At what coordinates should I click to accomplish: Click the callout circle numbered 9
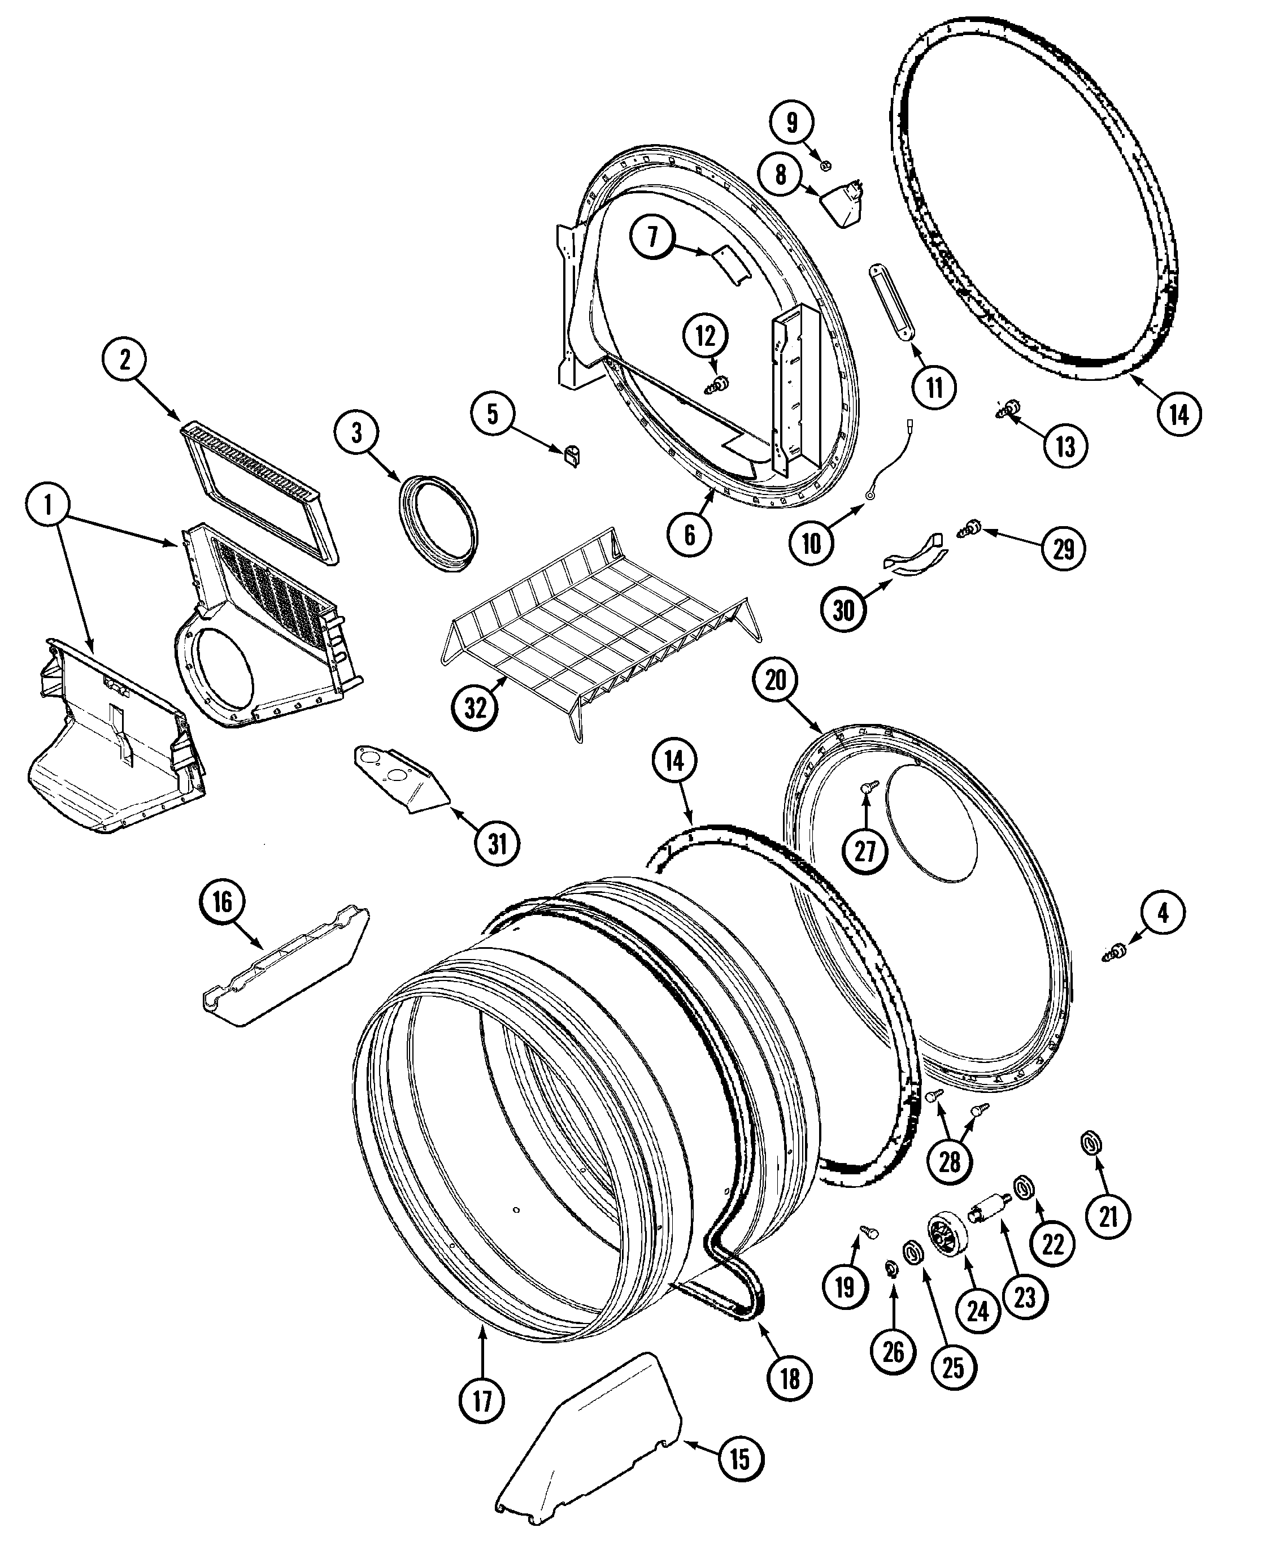pos(791,122)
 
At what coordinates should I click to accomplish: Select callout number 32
pos(475,708)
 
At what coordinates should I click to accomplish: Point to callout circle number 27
pos(865,851)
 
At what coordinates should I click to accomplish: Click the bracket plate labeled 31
pos(401,780)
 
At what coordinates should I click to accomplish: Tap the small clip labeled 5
pos(572,455)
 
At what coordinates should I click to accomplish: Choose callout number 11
pos(934,387)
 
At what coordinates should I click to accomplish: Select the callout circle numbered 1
pos(49,505)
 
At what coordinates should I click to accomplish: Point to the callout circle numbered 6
pos(690,535)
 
